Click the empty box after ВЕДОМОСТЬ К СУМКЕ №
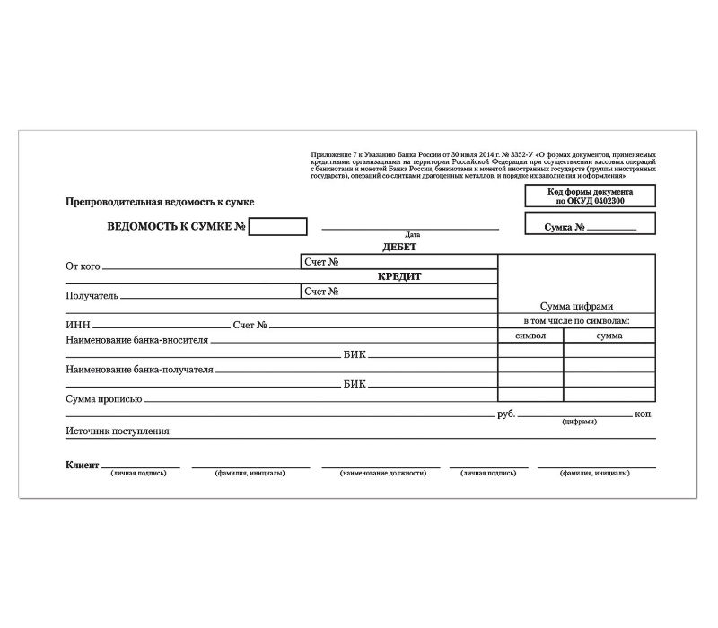[x=277, y=227]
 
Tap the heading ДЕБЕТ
[x=399, y=247]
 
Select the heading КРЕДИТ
[x=399, y=276]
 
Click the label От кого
[x=83, y=266]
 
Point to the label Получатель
[x=92, y=295]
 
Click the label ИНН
[x=77, y=325]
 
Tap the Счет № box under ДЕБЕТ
[x=399, y=262]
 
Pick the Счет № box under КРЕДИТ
[x=399, y=291]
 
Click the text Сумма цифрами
[x=576, y=306]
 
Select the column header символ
[x=530, y=336]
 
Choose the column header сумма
[x=609, y=336]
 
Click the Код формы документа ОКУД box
[x=590, y=196]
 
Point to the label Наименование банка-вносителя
[x=136, y=340]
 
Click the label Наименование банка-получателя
[x=140, y=369]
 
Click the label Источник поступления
[x=117, y=431]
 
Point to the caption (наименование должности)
[x=382, y=473]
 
